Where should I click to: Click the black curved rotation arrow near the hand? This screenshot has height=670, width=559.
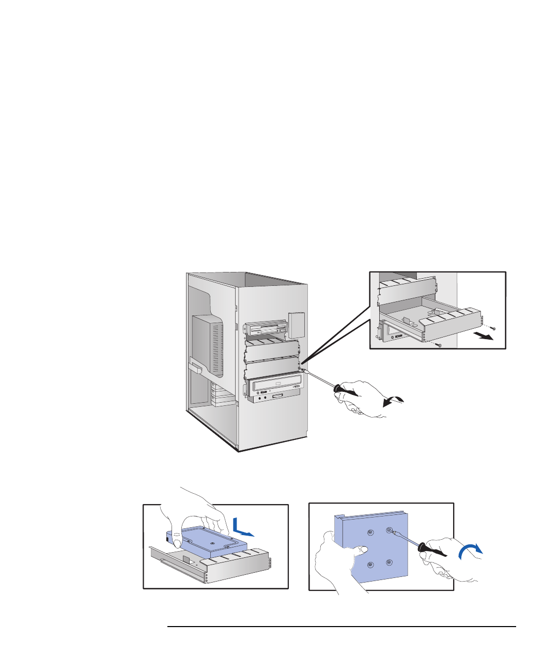pyautogui.click(x=394, y=401)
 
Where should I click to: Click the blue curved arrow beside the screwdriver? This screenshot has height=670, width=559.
pyautogui.click(x=471, y=551)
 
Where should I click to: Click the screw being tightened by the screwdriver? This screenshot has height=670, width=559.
pyautogui.click(x=390, y=529)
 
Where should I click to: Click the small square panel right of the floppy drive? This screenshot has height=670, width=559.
pyautogui.click(x=297, y=325)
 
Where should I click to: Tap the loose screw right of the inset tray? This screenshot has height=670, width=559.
pyautogui.click(x=494, y=328)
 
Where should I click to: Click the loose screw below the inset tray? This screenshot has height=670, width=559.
pyautogui.click(x=439, y=345)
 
